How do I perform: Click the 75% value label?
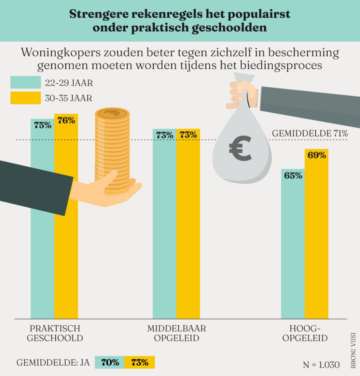42,125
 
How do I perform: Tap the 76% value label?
66,121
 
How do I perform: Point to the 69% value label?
317,155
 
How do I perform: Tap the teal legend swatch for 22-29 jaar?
26,82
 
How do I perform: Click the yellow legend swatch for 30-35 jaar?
26,98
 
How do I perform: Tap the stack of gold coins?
112,148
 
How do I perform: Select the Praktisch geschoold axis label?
55,334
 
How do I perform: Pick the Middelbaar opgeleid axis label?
177,334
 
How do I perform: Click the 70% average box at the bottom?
110,362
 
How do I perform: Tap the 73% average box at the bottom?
140,362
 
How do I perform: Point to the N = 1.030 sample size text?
321,364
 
